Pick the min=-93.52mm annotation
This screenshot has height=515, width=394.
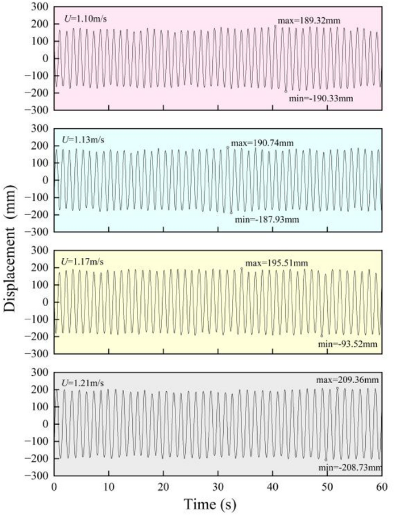(x=347, y=344)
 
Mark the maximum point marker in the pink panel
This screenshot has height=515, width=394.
(x=276, y=26)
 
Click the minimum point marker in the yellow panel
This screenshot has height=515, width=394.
(x=322, y=335)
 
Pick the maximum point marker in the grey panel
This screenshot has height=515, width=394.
(x=338, y=388)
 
